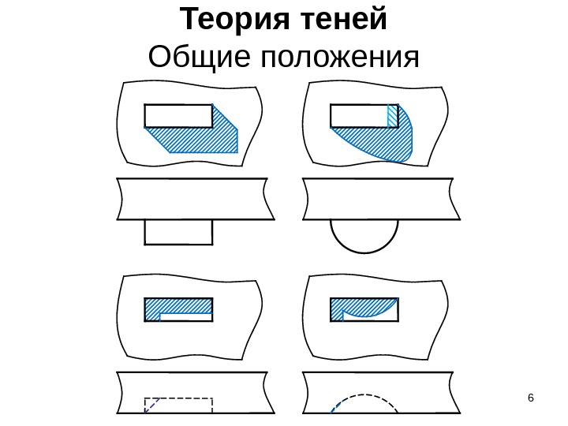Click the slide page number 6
[530, 396]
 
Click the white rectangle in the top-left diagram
[178, 115]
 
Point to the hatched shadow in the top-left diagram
[201, 140]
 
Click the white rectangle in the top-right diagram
[359, 115]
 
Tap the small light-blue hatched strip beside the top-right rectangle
[392, 115]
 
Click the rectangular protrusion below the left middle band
[178, 232]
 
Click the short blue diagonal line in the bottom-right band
[336, 407]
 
